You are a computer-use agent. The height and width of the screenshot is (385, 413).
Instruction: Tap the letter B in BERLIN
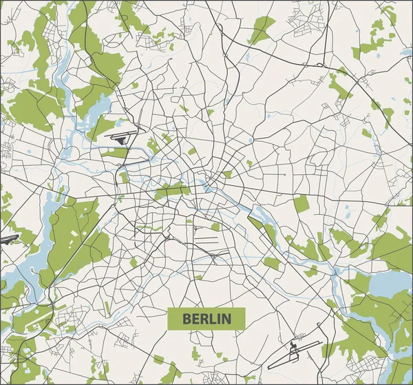pyautogui.click(x=187, y=319)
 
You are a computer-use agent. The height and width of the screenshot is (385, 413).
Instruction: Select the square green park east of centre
pyautogui.click(x=301, y=203)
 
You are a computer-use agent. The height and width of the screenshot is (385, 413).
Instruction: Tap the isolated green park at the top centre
pyautogui.click(x=261, y=29)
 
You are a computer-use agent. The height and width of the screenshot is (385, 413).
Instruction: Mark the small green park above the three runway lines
pyautogui.click(x=215, y=226)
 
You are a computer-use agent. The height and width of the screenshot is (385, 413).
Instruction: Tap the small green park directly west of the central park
pyautogui.click(x=123, y=177)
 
